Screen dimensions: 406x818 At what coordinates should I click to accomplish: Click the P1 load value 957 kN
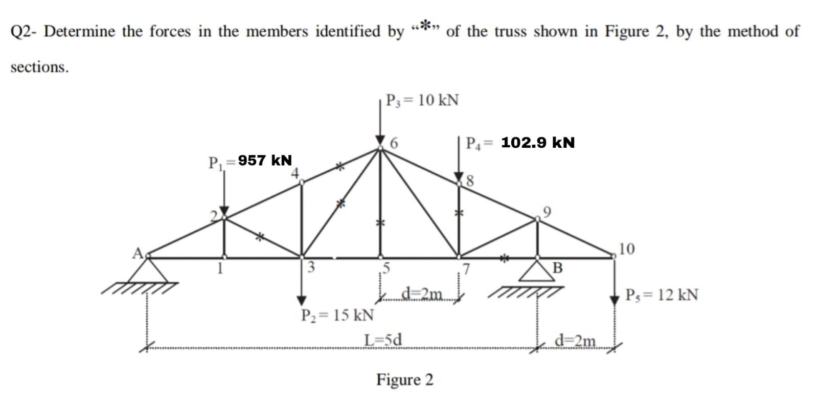pyautogui.click(x=265, y=161)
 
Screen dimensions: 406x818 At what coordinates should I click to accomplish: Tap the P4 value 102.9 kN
pyautogui.click(x=538, y=143)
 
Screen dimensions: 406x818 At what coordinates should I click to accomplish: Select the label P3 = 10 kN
pyautogui.click(x=422, y=100)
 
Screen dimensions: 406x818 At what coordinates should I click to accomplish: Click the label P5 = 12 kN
pyautogui.click(x=662, y=295)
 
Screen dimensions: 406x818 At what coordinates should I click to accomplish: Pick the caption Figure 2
pyautogui.click(x=404, y=380)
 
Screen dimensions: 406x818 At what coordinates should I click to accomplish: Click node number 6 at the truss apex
pyautogui.click(x=394, y=143)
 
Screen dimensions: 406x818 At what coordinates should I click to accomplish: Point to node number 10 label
pyautogui.click(x=626, y=249)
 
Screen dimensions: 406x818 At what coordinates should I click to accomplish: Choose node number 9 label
pyautogui.click(x=547, y=211)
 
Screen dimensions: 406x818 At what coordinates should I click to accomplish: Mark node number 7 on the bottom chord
pyautogui.click(x=466, y=267)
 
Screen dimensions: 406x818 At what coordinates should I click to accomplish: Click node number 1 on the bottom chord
pyautogui.click(x=220, y=267)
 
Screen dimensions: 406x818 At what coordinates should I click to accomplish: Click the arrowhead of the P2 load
pyautogui.click(x=302, y=300)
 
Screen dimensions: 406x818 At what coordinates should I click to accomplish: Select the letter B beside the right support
pyautogui.click(x=558, y=267)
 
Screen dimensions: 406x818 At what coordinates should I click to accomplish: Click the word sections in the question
pyautogui.click(x=39, y=67)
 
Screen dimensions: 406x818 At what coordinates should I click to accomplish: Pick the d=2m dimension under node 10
pyautogui.click(x=575, y=340)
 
